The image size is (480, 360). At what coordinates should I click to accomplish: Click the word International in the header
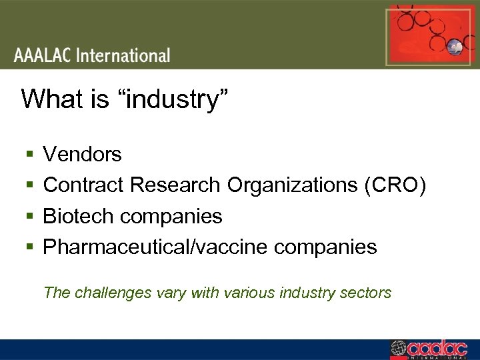coord(123,55)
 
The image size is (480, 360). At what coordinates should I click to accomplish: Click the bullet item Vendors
coord(82,155)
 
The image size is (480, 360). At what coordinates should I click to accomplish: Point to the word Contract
coord(84,185)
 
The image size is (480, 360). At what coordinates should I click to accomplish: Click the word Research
coord(175,185)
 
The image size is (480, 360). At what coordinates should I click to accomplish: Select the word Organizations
coord(293,185)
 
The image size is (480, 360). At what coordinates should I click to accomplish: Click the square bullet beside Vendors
coord(29,155)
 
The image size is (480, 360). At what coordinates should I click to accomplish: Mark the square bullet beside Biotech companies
coord(29,217)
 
